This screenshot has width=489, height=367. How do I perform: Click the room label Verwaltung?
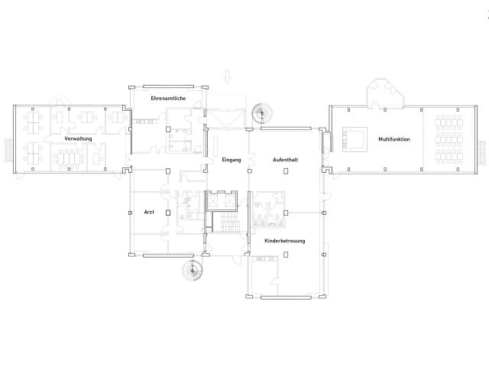click(78, 138)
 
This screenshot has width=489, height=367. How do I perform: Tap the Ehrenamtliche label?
click(168, 99)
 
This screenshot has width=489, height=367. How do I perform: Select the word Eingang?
click(231, 160)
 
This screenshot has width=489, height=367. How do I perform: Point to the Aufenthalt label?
click(285, 160)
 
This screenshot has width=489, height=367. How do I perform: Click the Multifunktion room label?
click(394, 139)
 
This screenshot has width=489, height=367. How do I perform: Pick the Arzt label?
click(149, 212)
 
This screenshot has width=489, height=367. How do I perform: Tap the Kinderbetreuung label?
click(284, 241)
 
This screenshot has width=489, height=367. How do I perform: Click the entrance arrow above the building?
click(228, 76)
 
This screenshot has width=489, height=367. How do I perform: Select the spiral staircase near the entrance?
click(262, 113)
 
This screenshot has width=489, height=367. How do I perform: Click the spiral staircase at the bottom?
click(193, 270)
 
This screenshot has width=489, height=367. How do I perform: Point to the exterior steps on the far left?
click(9, 151)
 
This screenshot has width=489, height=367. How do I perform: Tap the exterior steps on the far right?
click(482, 152)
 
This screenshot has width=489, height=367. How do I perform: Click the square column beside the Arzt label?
click(168, 213)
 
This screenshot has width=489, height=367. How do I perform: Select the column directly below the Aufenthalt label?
click(285, 171)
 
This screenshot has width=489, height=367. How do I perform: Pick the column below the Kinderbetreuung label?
click(285, 255)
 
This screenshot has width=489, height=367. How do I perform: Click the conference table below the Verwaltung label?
click(69, 158)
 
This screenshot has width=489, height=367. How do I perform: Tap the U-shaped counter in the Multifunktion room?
click(355, 139)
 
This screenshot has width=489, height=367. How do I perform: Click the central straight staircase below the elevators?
click(229, 222)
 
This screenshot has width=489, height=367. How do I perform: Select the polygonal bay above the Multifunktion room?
click(385, 93)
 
